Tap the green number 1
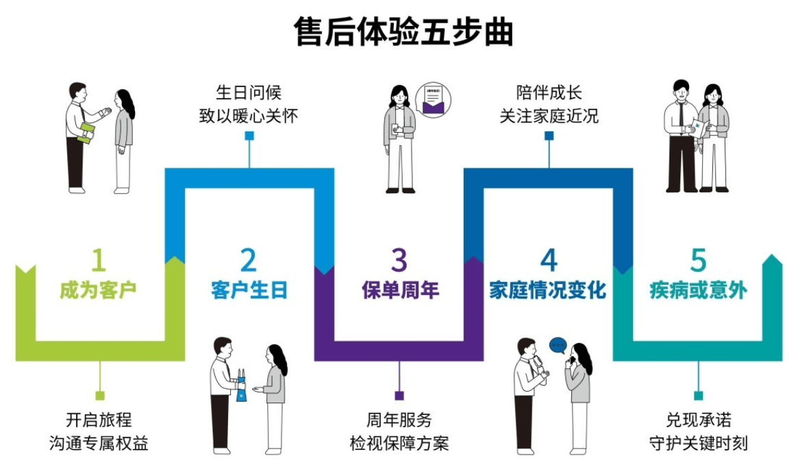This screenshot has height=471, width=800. pos(99,261)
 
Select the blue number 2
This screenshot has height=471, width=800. pos(248,261)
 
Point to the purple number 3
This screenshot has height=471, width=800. pos(399,261)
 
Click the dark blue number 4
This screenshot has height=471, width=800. pos(549,261)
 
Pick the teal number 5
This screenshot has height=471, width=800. pos(698,261)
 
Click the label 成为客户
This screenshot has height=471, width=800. pos(99,290)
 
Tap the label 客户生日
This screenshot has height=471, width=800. pos(249,290)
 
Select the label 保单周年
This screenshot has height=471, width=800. pos(400,290)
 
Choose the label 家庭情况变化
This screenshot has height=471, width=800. pos(548,290)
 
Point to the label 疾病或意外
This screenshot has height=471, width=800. pos(698,290)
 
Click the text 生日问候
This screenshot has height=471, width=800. pos(249,92)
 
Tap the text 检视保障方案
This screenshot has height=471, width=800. pos(399,443)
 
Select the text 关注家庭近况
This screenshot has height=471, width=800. pos(549,116)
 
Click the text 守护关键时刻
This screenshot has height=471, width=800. pos(698,443)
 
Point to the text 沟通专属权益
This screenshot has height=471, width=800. pos(99,443)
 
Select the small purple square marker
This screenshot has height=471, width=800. pos(399,395)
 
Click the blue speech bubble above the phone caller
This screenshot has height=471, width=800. pos(558,344)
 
